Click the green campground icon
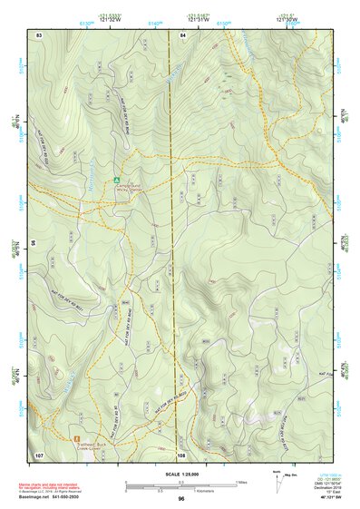117,180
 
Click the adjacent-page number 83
39,34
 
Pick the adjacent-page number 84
183,34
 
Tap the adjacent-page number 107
39,454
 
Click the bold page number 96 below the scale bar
181,498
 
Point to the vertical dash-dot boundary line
172,272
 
